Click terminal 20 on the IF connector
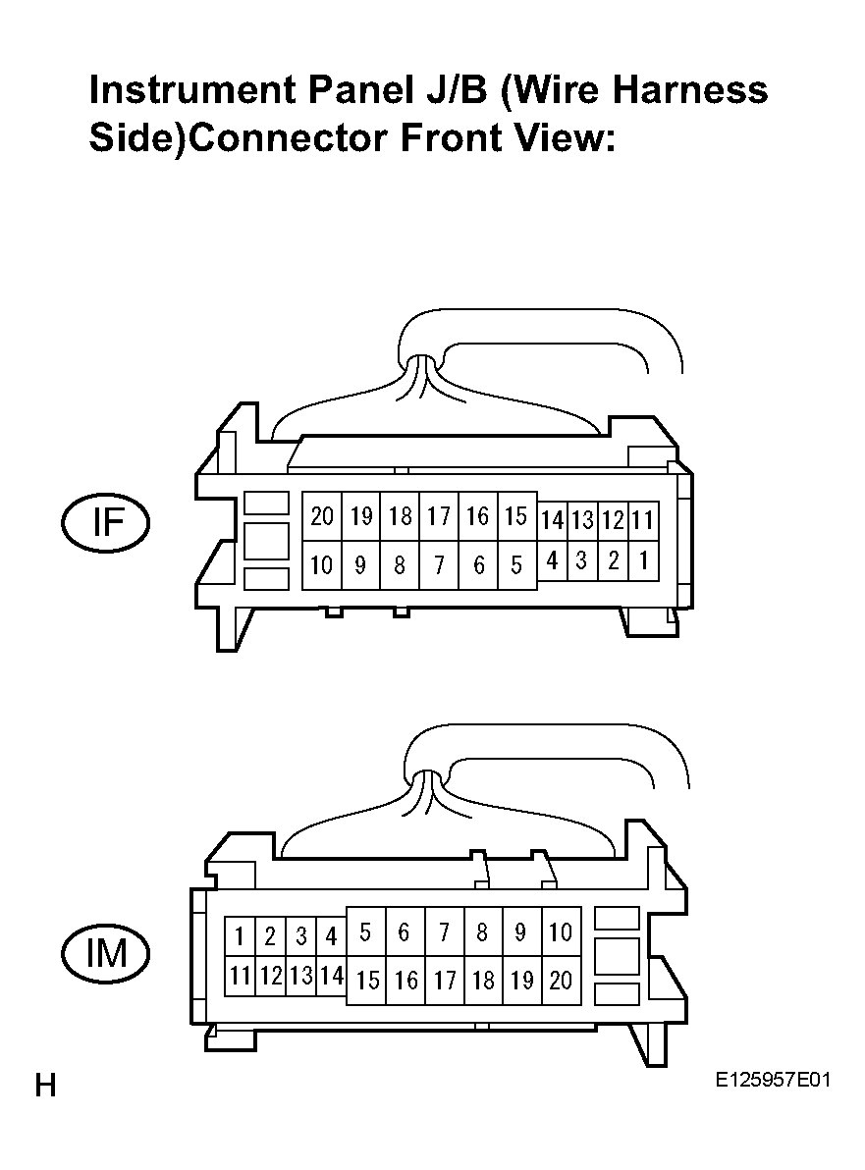point(322,515)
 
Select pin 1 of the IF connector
point(643,560)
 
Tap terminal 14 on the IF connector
point(553,520)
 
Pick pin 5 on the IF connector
point(516,564)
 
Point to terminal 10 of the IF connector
point(322,564)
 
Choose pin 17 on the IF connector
point(439,515)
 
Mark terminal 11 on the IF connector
point(643,520)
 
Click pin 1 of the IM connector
point(241,935)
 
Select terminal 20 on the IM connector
point(561,980)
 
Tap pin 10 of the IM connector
point(561,931)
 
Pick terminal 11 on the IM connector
point(241,976)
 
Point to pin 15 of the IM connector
point(366,980)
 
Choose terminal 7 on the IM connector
point(445,931)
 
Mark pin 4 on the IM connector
point(332,935)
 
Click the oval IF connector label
point(105,522)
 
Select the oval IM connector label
point(105,954)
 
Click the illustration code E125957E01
point(773,1080)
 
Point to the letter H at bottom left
point(45,1086)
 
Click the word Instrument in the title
point(191,91)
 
